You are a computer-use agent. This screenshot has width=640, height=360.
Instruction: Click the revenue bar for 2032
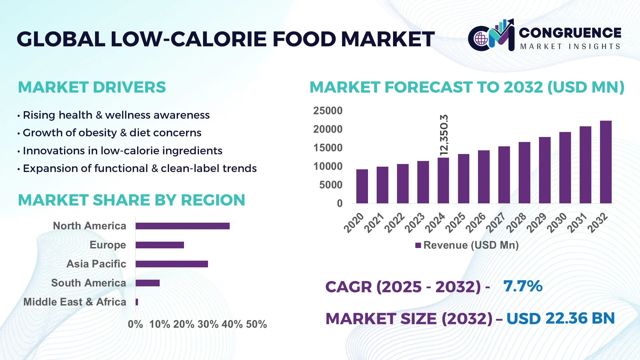coord(606,162)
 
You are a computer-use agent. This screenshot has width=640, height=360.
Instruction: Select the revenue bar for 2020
coord(362,186)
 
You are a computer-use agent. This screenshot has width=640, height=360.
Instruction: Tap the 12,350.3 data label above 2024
coord(444,135)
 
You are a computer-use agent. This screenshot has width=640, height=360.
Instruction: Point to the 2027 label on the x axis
coord(496,222)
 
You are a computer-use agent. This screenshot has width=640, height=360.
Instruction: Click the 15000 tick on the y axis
coord(328,148)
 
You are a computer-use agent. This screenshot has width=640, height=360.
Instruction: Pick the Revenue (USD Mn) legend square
coord(418,245)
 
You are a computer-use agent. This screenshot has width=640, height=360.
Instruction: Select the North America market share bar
coord(182,226)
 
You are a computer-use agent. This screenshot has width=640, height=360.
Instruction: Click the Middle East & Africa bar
coord(137,302)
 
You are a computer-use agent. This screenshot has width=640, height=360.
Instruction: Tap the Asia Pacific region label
coord(96,264)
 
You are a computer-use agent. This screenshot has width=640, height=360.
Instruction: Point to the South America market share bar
coord(147,283)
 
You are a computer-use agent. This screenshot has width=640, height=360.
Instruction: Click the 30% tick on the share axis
coord(208,324)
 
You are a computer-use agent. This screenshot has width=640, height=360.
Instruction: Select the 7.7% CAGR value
coord(523,286)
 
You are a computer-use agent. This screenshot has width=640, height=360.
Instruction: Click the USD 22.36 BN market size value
coord(560,318)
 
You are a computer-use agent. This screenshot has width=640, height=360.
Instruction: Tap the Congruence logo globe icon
coord(481,39)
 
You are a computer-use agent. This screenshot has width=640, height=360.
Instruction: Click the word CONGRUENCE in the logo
coord(570,33)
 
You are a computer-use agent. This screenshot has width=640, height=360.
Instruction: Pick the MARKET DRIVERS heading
coord(92,87)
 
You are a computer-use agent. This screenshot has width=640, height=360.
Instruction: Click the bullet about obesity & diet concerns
coord(112,133)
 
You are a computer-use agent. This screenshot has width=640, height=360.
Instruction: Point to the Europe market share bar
coord(160,245)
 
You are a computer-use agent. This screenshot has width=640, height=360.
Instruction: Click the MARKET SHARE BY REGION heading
coord(131,200)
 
